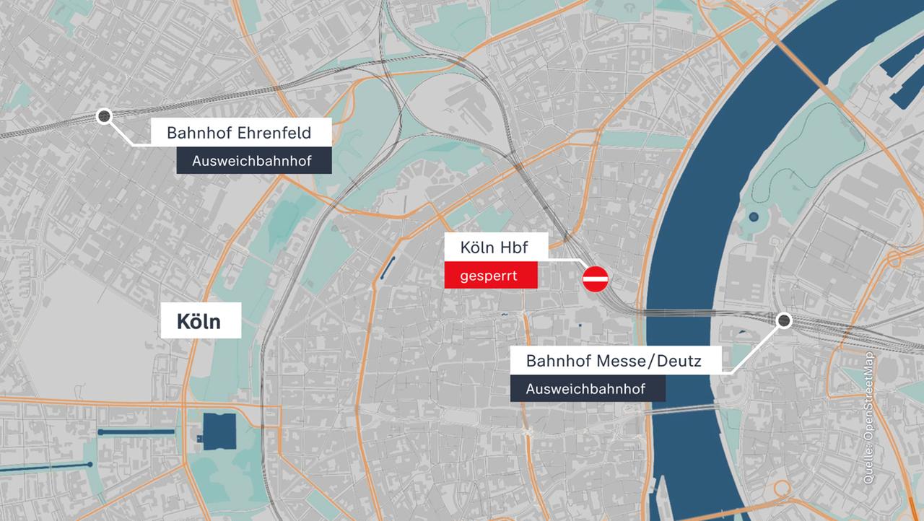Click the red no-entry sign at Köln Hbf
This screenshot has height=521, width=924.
pos(596,278)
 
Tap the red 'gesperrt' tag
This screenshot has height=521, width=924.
pos(491,276)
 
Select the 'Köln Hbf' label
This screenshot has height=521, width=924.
pos(495,248)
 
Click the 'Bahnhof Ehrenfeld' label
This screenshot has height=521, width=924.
pos(239,133)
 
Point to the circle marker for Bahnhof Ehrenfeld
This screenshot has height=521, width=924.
pos(104,115)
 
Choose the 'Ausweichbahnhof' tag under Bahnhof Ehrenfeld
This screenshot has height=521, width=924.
pos(252,161)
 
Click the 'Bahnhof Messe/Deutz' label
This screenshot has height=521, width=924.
pos(614,360)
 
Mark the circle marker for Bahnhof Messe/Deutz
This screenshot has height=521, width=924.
pos(783,320)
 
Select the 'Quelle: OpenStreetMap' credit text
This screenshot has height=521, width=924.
pos(868,418)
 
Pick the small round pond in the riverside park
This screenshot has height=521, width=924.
pos(754,216)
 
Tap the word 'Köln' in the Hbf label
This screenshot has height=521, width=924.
pos(478,248)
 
